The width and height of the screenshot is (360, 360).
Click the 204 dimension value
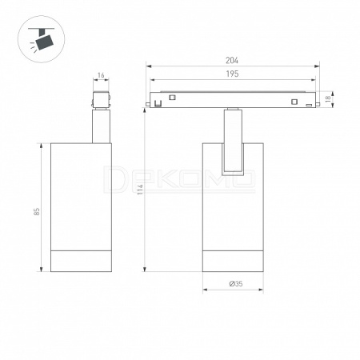(x=232, y=61)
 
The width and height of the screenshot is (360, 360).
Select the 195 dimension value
(x=232, y=74)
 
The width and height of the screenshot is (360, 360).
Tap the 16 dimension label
(x=101, y=75)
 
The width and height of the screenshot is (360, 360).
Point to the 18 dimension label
(x=328, y=98)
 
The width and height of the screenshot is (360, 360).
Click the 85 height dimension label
(x=37, y=211)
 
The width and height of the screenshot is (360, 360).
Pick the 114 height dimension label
(x=140, y=190)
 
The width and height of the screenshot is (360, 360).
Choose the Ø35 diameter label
(x=236, y=283)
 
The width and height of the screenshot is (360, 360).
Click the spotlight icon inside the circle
(x=42, y=39)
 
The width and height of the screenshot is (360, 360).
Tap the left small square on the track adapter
(x=172, y=98)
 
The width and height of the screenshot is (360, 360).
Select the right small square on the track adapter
(x=294, y=102)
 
